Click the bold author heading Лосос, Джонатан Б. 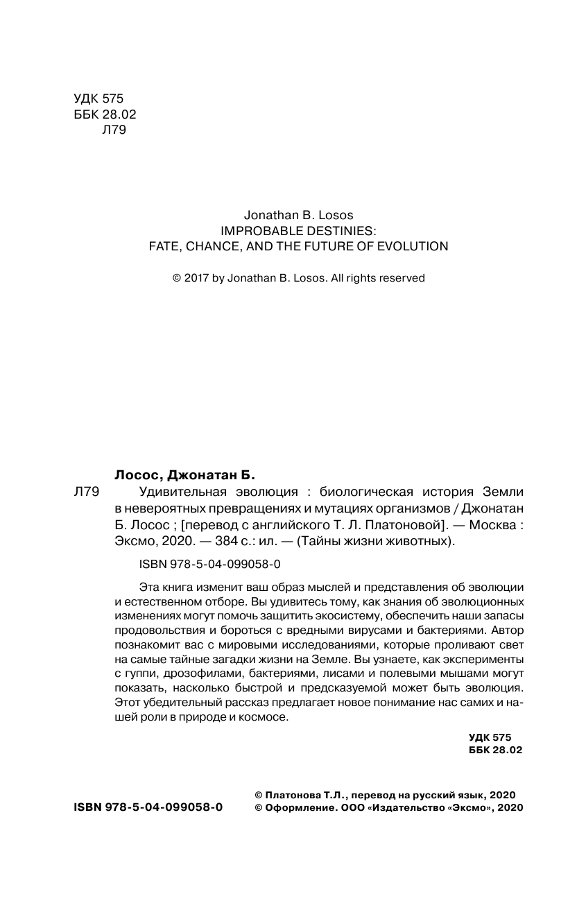(x=184, y=475)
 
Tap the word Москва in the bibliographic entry (x=494, y=525)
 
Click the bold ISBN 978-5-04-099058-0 (x=148, y=808)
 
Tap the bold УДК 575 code (x=489, y=737)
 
